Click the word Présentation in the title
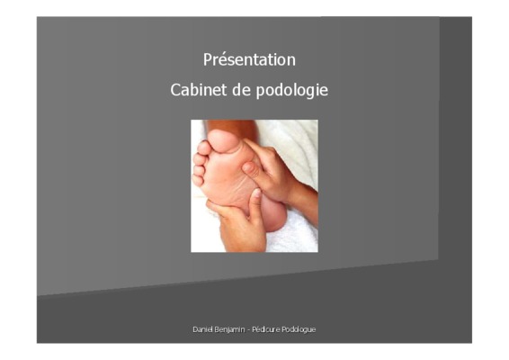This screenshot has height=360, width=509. [249, 59]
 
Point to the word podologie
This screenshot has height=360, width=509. [292, 91]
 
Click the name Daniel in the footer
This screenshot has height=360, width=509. [203, 329]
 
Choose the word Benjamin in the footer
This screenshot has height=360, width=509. [229, 329]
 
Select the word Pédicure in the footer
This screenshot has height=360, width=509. [266, 329]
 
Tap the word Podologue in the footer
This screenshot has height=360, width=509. [299, 329]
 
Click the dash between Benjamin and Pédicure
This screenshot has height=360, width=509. [249, 330]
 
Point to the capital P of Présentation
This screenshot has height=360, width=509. [208, 59]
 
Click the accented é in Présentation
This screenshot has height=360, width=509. [219, 60]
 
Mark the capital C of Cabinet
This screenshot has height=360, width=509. [175, 90]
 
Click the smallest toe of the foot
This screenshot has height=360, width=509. [197, 180]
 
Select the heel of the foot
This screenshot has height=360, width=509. [274, 214]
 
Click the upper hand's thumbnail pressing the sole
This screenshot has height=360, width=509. [248, 167]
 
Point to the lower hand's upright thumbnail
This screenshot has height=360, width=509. [256, 193]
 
